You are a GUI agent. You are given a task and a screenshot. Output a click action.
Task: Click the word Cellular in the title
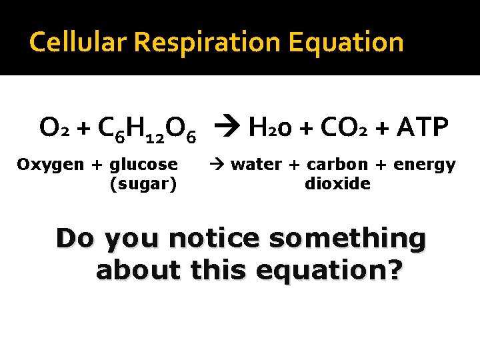coord(79,43)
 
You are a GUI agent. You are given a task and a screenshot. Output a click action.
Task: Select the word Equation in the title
coord(347,43)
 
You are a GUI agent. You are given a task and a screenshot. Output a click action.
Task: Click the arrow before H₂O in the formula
coord(227,127)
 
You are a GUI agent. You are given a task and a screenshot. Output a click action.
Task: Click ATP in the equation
coord(423,127)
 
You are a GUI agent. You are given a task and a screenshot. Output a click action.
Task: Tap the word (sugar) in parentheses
coord(143,183)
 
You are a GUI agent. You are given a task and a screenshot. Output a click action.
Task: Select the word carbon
coord(337,164)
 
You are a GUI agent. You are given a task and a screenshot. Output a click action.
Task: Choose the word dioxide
coord(337,183)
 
